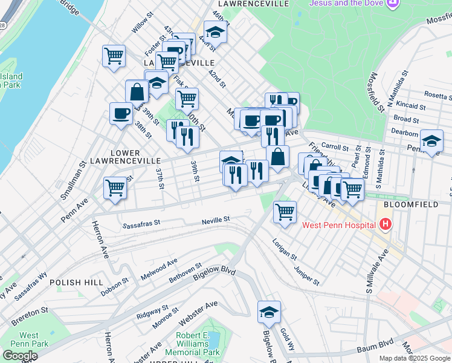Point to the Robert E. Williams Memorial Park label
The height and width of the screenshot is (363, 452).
pos(198,344)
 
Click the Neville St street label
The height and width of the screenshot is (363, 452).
pos(216,220)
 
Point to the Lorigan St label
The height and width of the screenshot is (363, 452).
pos(285,247)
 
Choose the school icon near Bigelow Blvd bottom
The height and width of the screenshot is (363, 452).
pos(270,312)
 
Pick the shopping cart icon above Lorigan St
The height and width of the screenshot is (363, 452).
pos(285,212)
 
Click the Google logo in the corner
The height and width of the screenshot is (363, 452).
pos(20,356)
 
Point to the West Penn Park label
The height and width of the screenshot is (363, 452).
pos(28,339)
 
